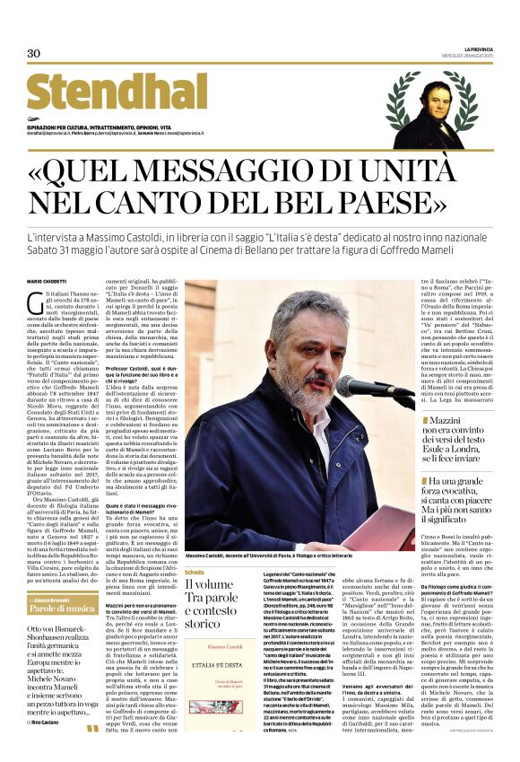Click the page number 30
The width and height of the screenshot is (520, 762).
click(34, 53)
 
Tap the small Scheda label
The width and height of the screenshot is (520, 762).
click(194, 572)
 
